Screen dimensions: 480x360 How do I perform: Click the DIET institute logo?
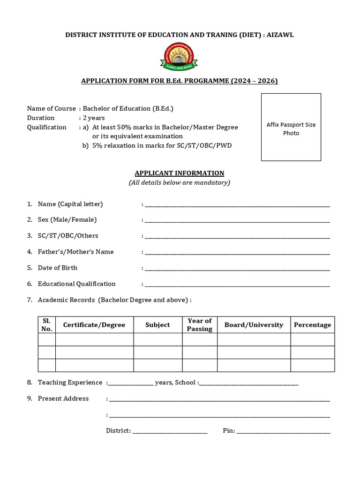180,57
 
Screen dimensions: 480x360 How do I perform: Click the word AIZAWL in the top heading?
279,35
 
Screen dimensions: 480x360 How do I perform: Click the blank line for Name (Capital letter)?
237,205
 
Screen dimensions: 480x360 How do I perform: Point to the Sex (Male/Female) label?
67,219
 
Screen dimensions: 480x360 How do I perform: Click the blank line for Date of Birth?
237,269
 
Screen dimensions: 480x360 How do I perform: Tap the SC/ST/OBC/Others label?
68,235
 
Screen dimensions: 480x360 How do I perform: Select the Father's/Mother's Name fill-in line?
237,253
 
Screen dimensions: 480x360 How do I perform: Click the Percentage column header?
312,325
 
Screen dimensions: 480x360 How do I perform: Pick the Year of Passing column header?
200,325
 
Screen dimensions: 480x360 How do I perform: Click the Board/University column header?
254,325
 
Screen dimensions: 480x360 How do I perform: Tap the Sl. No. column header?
46,325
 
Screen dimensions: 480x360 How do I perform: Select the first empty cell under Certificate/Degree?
94,339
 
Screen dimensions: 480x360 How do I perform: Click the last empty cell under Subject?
157,365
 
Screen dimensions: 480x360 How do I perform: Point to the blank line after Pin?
284,432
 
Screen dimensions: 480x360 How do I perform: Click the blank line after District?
170,432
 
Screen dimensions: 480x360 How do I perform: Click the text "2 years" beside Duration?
94,118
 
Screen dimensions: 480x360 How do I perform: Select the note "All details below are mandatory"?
180,182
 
